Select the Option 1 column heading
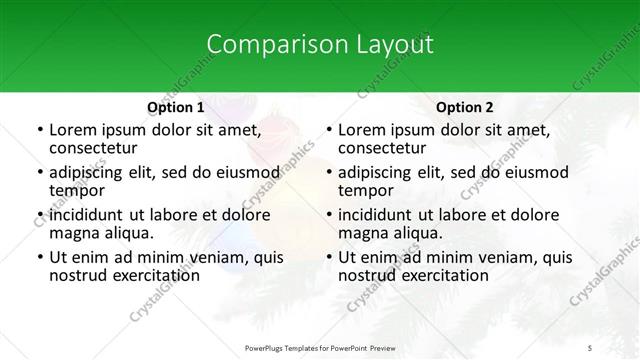coord(175,107)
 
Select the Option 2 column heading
coord(465,107)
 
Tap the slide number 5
coord(591,347)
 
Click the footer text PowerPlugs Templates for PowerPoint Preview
coord(320,347)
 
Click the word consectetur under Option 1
coord(93,148)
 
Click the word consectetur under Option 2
coord(383,148)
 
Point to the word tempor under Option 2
coord(366,191)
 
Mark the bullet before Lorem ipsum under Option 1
coord(38,130)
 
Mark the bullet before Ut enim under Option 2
coord(328,257)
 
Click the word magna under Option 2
coord(362,233)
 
